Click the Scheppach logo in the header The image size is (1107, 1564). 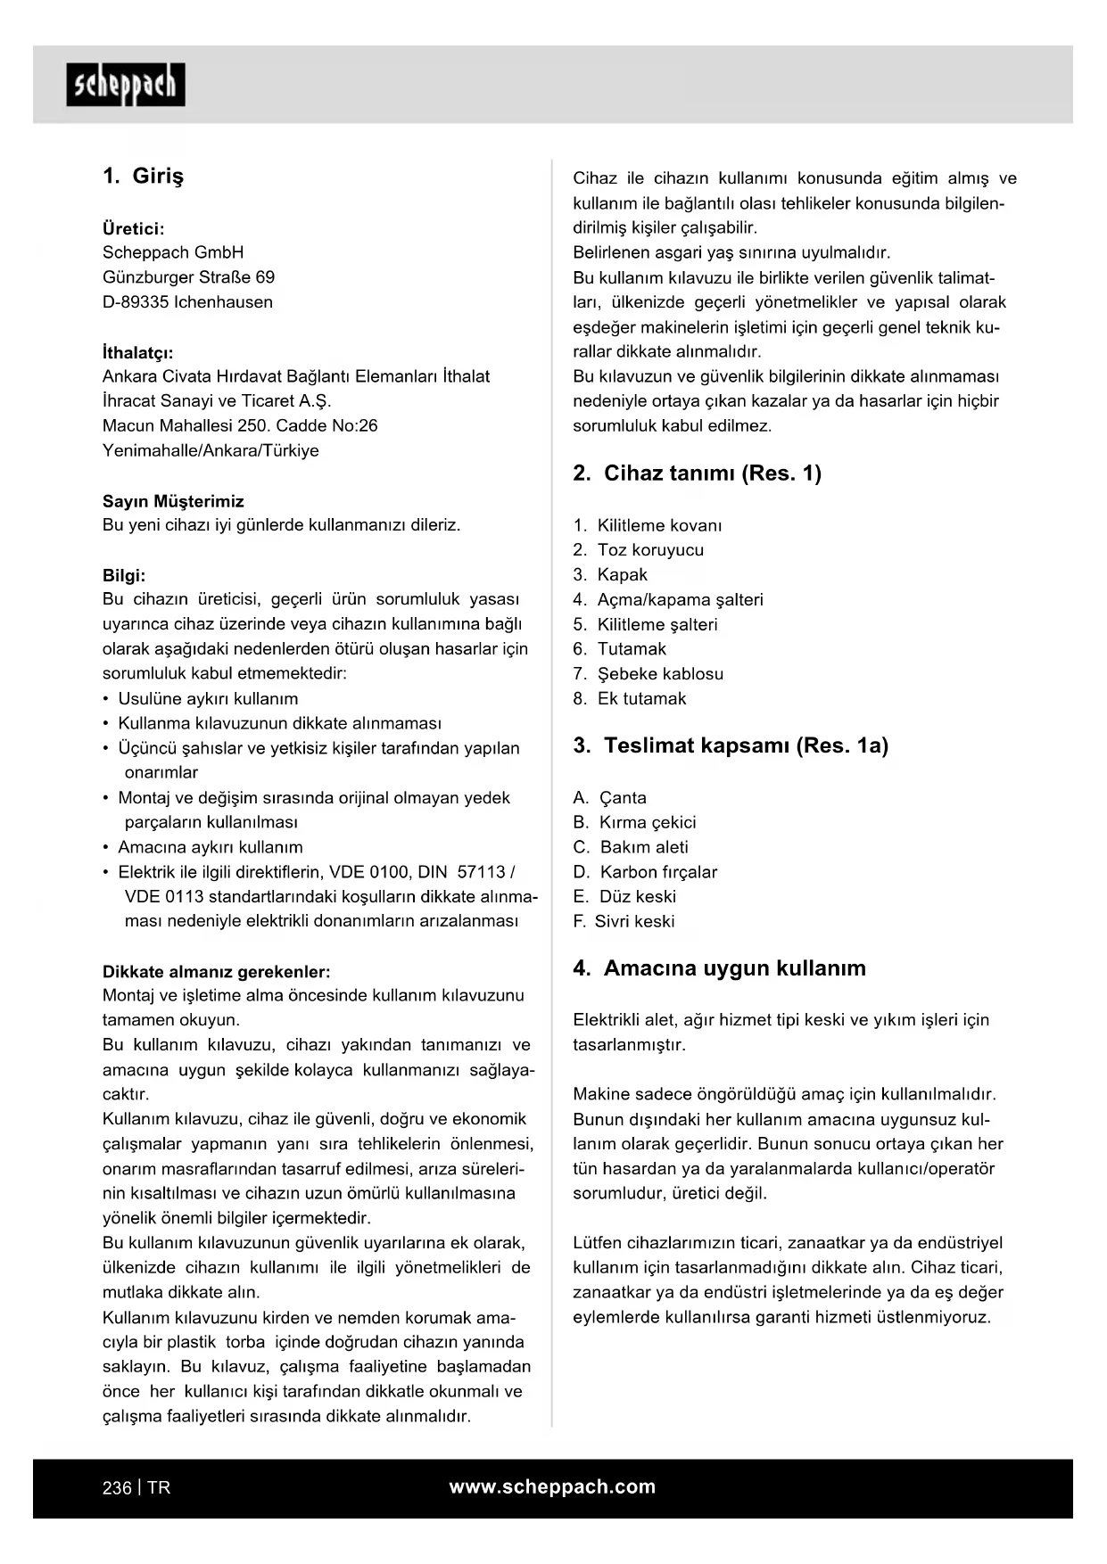pos(126,86)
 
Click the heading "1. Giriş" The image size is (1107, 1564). pos(144,176)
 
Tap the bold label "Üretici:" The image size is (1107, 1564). pos(134,229)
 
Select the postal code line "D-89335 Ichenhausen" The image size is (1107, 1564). pos(187,302)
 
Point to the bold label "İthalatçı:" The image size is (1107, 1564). pos(138,353)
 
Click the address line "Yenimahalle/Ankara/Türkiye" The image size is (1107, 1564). pos(211,451)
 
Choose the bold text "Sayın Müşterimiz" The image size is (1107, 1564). pos(173,501)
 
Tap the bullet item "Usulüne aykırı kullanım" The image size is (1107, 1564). pos(208,699)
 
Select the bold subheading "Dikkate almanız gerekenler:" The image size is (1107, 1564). pos(217,972)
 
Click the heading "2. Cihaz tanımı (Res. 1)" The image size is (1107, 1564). pos(697,473)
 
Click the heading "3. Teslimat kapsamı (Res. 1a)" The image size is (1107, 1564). pos(731,745)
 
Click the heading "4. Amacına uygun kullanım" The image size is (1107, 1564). pos(719,968)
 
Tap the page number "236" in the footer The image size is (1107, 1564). pos(117,1488)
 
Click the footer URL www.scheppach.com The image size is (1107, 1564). pos(552,1487)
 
